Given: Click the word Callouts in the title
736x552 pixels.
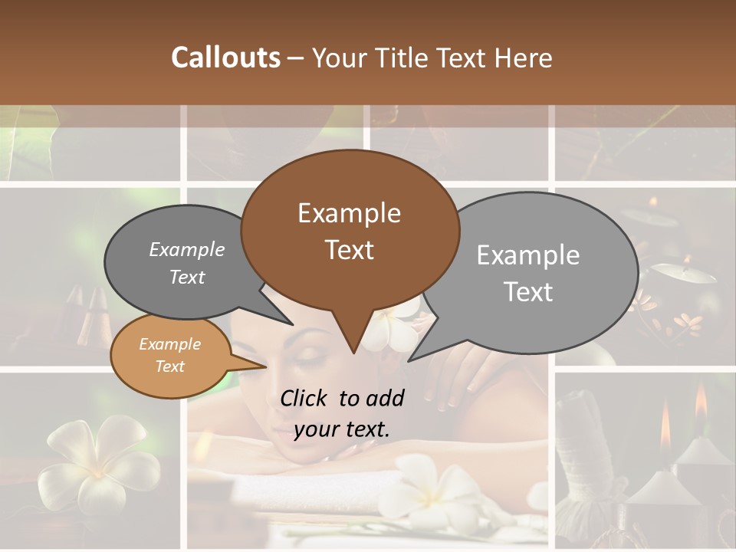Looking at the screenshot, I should tap(225, 58).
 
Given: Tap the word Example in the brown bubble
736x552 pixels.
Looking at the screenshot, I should tap(349, 213).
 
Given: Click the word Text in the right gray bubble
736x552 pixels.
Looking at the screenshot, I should tap(528, 292).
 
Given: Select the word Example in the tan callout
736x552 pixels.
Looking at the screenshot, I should tap(170, 344).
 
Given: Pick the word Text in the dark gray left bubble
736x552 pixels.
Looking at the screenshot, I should tap(187, 277).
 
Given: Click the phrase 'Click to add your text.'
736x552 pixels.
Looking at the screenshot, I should tap(342, 413).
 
